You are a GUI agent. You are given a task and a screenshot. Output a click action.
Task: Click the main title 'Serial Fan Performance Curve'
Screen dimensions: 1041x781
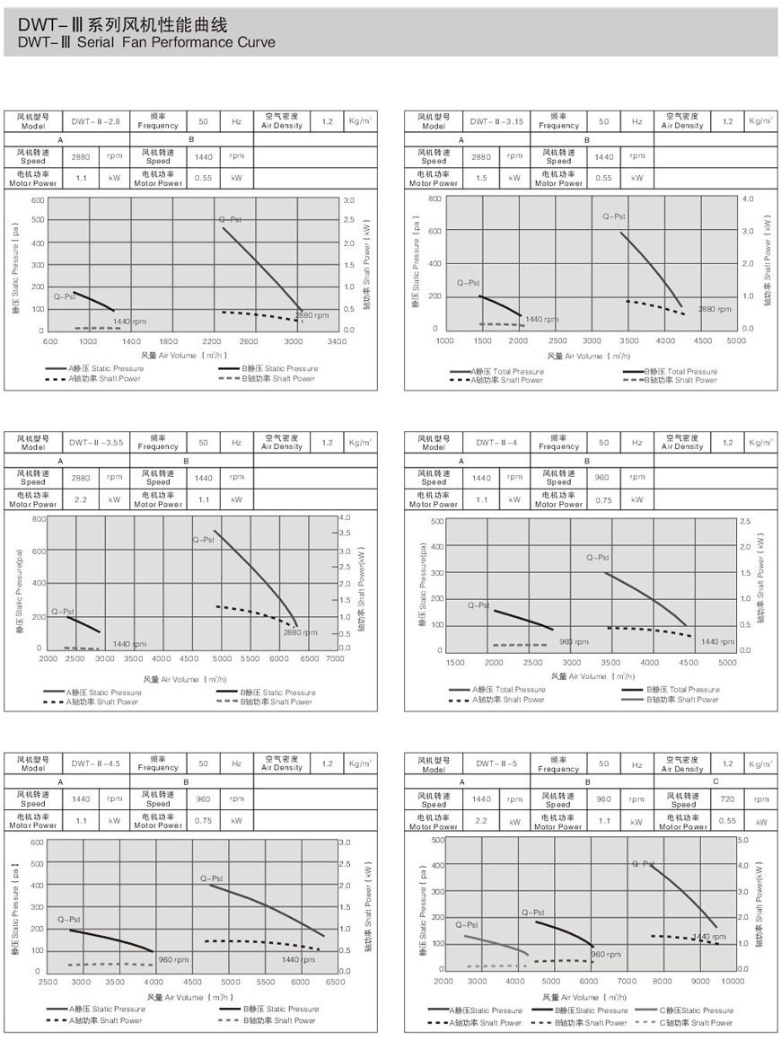click(x=148, y=42)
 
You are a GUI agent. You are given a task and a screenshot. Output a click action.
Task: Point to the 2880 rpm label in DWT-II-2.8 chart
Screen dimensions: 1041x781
click(x=311, y=315)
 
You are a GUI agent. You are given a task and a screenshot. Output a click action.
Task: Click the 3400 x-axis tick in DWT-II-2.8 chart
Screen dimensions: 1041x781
click(x=337, y=341)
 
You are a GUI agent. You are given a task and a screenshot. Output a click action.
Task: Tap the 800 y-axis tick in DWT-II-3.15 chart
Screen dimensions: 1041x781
click(x=434, y=198)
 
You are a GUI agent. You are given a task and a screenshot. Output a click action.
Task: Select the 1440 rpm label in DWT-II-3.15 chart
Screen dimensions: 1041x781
click(x=541, y=319)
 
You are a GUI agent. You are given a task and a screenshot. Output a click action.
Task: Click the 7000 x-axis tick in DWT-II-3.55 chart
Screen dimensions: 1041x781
click(x=334, y=658)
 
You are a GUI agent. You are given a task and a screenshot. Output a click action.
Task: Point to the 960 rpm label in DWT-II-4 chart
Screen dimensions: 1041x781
click(x=574, y=641)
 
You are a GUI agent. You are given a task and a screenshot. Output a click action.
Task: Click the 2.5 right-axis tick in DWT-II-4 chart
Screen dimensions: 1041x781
click(x=744, y=521)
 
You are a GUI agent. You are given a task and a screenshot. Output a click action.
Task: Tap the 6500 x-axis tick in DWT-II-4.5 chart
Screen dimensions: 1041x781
click(x=334, y=982)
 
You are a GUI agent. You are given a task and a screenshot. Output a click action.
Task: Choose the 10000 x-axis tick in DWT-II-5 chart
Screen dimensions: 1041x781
click(x=733, y=982)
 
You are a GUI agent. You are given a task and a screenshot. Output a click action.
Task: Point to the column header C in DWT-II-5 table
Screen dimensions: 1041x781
click(x=715, y=782)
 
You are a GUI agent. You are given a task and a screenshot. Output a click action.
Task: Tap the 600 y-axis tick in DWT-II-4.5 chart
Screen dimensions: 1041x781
click(x=37, y=842)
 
